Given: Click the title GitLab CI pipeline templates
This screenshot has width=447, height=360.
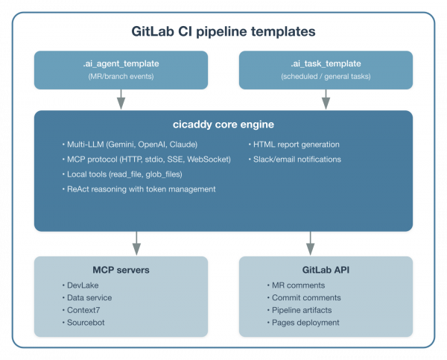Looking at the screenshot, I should click(x=223, y=32).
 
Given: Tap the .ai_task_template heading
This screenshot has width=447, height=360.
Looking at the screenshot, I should click(x=325, y=64).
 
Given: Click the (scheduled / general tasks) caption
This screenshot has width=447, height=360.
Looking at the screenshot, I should click(x=325, y=78).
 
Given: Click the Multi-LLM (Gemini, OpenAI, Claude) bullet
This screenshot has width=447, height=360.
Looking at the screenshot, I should click(x=127, y=144).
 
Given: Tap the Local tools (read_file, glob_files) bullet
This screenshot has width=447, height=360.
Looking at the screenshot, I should click(x=124, y=174).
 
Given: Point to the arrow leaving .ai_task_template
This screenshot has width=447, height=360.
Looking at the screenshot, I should click(x=325, y=99).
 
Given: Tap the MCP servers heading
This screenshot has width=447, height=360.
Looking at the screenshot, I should click(x=121, y=270).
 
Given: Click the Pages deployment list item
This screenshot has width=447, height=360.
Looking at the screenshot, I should click(x=305, y=323).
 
